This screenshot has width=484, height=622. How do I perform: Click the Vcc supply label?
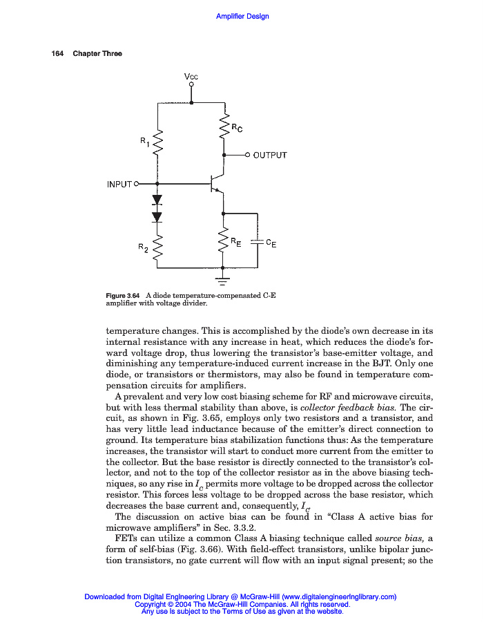(191, 76)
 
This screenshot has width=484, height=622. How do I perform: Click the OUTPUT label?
(270, 155)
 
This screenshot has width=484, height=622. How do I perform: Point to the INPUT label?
(119, 184)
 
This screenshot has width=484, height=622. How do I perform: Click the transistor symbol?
(217, 184)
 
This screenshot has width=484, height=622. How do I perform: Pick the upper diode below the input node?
(157, 200)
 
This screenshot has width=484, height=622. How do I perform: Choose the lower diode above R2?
(157, 216)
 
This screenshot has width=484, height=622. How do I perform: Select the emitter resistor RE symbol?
(223, 242)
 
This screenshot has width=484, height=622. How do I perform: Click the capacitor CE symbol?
(258, 242)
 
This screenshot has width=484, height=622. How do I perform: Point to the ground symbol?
(223, 279)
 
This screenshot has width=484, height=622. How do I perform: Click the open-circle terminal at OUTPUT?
(247, 155)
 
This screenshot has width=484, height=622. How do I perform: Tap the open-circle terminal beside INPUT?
(136, 184)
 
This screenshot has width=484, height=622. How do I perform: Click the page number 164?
(58, 54)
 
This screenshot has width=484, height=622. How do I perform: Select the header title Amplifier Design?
(242, 17)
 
